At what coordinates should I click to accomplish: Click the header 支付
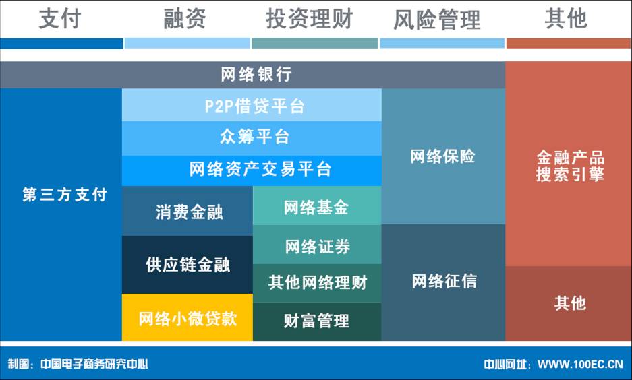(60, 18)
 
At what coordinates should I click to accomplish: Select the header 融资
(185, 18)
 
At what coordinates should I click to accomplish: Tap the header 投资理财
(309, 18)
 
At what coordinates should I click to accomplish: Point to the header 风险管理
(437, 20)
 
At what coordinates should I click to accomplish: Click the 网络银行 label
(256, 75)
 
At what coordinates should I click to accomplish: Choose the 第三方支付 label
(65, 195)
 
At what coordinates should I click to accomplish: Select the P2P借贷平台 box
(252, 105)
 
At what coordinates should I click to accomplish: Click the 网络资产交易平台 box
(252, 170)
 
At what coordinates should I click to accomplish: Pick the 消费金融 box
(188, 211)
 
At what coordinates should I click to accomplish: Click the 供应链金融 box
(188, 265)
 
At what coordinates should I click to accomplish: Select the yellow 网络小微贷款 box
(188, 317)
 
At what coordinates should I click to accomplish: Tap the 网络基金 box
(317, 205)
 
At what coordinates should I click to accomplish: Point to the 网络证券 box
(317, 245)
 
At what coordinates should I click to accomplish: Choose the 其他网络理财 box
(317, 284)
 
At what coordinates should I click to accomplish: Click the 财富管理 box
(317, 322)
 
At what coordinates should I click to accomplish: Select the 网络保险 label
(442, 156)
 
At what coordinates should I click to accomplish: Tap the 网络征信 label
(444, 281)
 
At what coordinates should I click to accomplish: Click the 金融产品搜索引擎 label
(571, 166)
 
